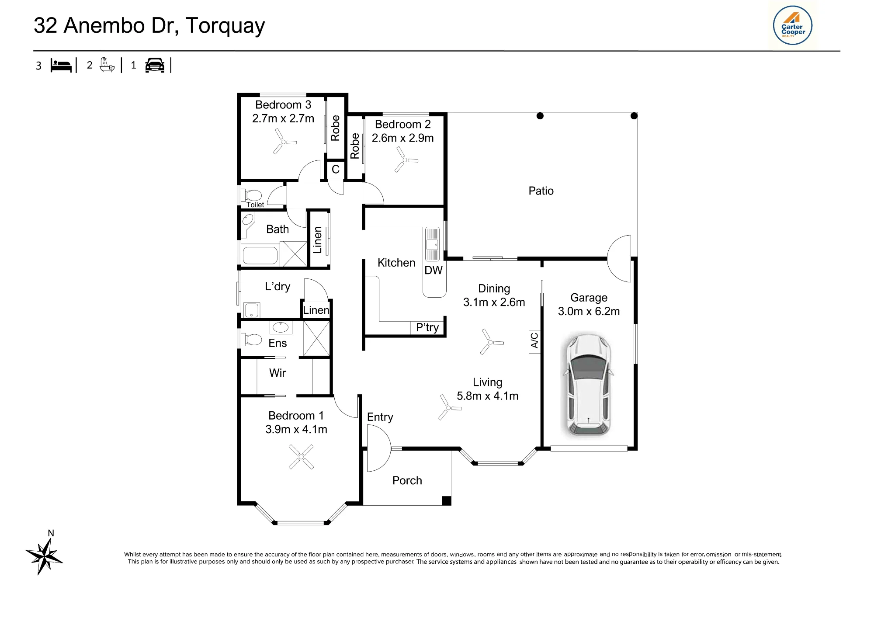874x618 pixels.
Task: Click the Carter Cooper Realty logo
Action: pyautogui.click(x=792, y=25)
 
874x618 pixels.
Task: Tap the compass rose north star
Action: pyautogui.click(x=44, y=556)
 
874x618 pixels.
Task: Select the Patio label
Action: pyautogui.click(x=541, y=191)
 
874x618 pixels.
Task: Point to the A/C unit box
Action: pyautogui.click(x=534, y=341)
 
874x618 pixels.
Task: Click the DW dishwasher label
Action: pyautogui.click(x=434, y=270)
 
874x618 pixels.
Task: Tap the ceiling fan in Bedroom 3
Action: pyautogui.click(x=284, y=141)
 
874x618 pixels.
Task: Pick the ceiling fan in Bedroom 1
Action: pyautogui.click(x=301, y=457)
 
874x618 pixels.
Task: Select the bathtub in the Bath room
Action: pyautogui.click(x=260, y=256)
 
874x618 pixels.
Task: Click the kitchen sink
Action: pyautogui.click(x=432, y=244)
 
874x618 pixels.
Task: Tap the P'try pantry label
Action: pyautogui.click(x=427, y=328)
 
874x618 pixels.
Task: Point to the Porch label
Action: pyautogui.click(x=407, y=481)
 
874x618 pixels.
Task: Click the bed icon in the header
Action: pyautogui.click(x=61, y=65)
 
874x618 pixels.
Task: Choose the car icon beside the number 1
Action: pyautogui.click(x=155, y=65)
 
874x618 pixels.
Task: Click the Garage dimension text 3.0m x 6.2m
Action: pyautogui.click(x=589, y=311)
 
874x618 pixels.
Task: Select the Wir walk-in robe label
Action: pyautogui.click(x=277, y=373)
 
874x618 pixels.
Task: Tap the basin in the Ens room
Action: pyautogui.click(x=281, y=327)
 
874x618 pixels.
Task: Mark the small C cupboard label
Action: pyautogui.click(x=336, y=169)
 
